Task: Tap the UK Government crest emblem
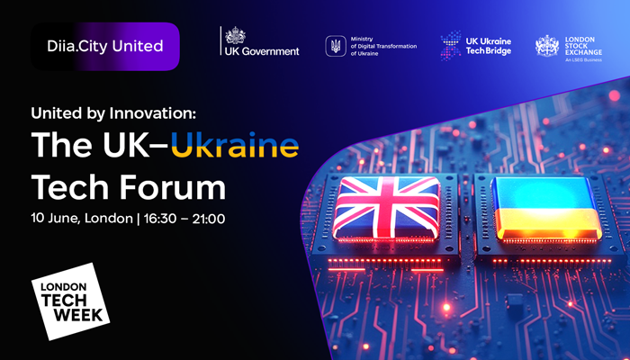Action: (235, 36)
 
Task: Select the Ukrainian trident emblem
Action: (335, 46)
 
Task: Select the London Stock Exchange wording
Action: (585, 45)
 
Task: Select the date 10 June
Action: (56, 219)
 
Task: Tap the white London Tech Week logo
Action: (72, 301)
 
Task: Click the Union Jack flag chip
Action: (390, 205)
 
